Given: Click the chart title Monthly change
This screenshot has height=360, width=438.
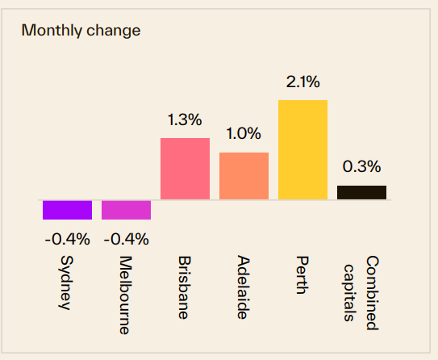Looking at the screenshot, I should [81, 31].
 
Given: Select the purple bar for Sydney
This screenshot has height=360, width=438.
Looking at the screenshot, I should [67, 210].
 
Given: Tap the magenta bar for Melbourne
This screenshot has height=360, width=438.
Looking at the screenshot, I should [126, 210].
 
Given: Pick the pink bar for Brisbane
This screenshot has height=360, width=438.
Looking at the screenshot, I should [185, 169].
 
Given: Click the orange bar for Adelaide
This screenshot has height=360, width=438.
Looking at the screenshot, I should [244, 176].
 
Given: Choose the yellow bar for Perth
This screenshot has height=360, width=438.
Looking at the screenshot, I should [302, 149].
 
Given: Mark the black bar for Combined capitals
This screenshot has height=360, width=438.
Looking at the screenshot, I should [361, 192].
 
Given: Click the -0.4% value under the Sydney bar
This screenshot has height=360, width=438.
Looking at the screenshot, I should [67, 239].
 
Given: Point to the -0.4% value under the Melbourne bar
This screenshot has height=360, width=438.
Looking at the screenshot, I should [126, 239].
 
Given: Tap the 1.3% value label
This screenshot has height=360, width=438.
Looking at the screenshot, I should [185, 119].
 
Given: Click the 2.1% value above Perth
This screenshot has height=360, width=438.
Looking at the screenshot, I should [302, 82].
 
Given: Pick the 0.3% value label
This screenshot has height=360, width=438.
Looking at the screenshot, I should [361, 167].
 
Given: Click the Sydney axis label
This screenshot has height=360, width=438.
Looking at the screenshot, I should [67, 283].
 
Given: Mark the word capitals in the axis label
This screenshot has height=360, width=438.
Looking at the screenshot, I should [350, 291].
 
